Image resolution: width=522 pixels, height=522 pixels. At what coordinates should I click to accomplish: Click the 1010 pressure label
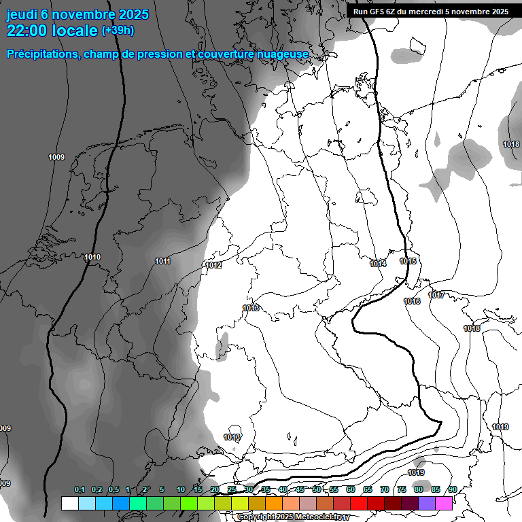coord(92,257)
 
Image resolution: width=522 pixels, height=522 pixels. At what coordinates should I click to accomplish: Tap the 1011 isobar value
coord(162,261)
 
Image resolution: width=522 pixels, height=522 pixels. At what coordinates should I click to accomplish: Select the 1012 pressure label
coord(214,265)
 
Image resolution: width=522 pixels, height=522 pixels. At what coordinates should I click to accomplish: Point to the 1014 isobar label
coord(378,263)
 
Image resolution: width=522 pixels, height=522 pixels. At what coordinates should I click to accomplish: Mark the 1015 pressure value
coord(408,261)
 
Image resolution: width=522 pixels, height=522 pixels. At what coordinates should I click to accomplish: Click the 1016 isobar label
coord(411,301)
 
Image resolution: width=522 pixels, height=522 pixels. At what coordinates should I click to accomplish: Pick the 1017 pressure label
coord(436,295)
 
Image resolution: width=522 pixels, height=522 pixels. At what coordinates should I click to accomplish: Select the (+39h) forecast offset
coord(118,31)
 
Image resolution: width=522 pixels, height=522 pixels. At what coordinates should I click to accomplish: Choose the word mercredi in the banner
coord(432,12)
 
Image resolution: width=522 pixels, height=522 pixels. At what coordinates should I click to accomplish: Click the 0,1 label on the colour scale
coord(80,490)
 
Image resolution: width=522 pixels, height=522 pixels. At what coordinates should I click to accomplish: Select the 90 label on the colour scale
coord(452,490)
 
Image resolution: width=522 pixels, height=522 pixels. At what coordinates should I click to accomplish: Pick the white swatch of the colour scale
coord(69,503)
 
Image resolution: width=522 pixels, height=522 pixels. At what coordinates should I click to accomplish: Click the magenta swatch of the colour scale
coord(444,503)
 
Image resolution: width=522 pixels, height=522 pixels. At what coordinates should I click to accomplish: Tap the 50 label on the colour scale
coord(317,490)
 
